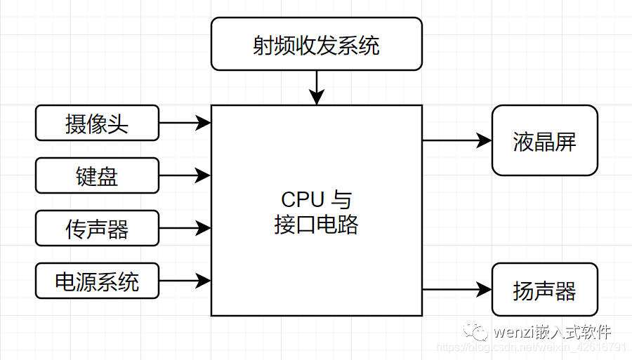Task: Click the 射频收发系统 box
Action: (x=317, y=44)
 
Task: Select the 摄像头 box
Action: (x=97, y=123)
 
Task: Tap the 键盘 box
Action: (x=97, y=175)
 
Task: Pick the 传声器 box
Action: (x=97, y=228)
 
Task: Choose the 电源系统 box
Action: (x=97, y=281)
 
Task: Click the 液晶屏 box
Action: (x=544, y=140)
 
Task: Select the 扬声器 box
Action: (x=544, y=290)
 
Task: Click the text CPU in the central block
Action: (x=303, y=199)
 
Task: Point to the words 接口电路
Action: (x=317, y=225)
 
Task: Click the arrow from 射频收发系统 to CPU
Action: (x=317, y=88)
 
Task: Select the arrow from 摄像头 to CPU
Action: (x=185, y=122)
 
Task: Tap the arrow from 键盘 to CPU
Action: (x=185, y=175)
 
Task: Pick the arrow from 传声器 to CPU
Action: (x=185, y=228)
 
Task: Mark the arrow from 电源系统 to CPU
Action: (x=185, y=281)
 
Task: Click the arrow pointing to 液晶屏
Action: (x=457, y=140)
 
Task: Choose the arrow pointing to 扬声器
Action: (x=457, y=290)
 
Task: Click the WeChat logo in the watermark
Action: (x=475, y=331)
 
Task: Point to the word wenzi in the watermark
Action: (x=513, y=333)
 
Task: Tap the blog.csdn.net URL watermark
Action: (x=532, y=347)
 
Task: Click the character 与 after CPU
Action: (x=341, y=200)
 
